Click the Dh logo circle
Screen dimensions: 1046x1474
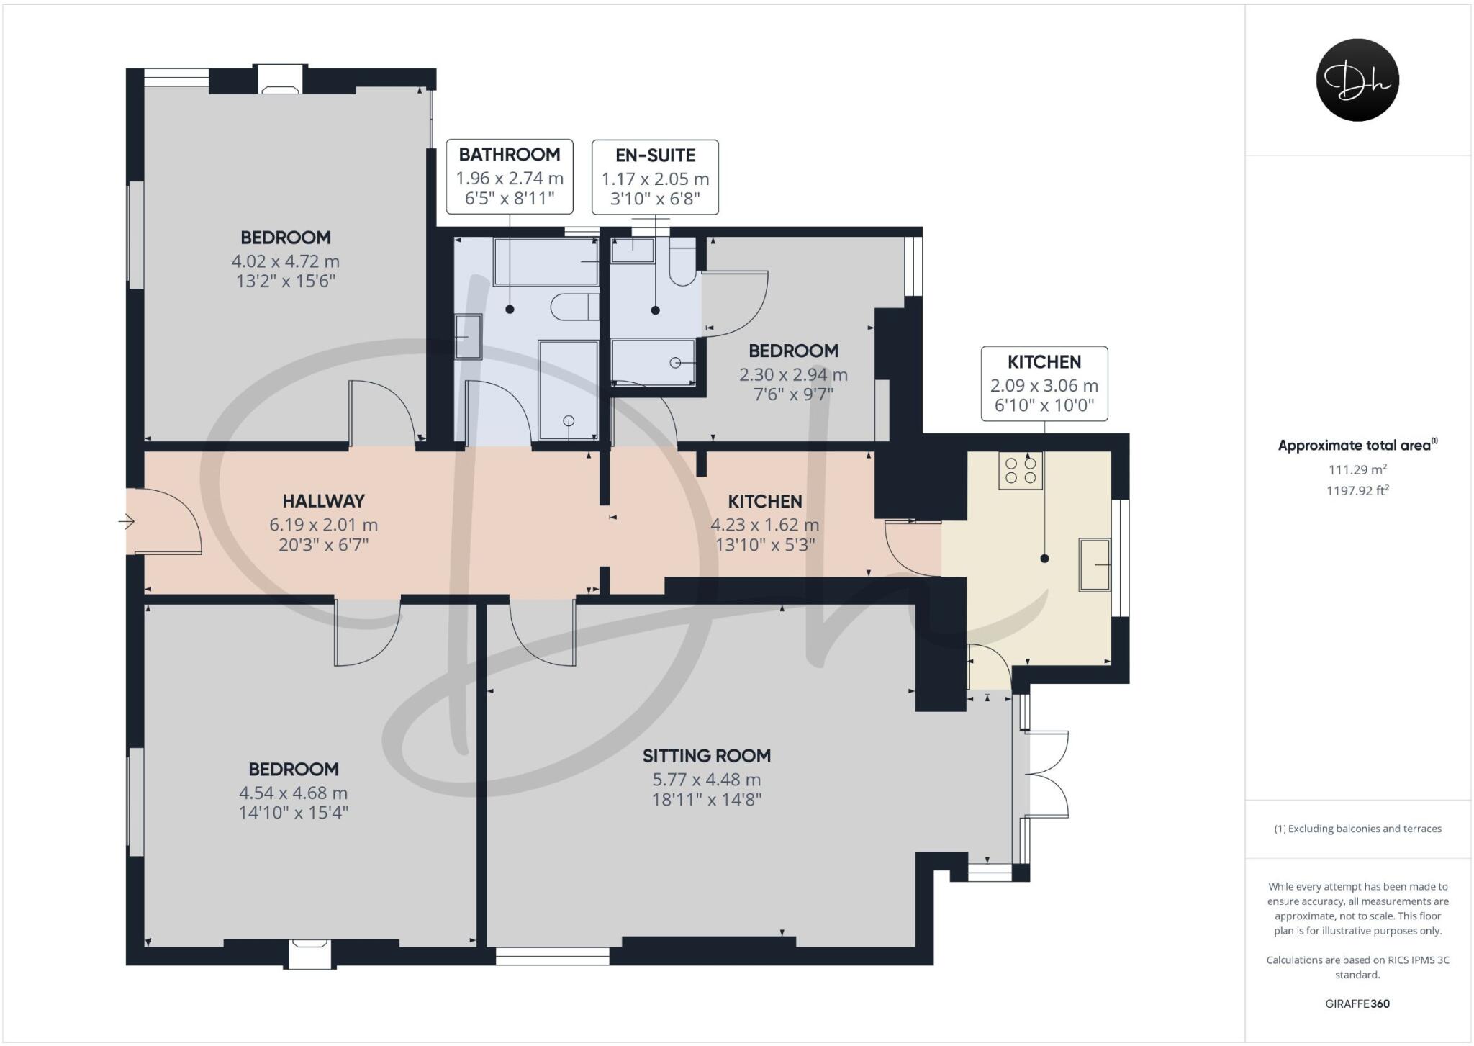tap(1357, 80)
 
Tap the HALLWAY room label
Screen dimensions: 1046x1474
tap(323, 501)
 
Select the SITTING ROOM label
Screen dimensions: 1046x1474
tap(706, 756)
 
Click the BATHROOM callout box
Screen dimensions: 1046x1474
tap(510, 176)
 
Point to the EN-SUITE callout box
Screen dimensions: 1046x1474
tap(655, 177)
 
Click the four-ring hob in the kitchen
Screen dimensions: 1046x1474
tap(1021, 471)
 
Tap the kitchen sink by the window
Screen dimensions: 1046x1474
tap(1095, 565)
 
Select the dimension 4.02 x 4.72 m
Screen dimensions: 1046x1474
tap(285, 261)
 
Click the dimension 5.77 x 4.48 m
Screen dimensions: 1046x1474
tap(706, 780)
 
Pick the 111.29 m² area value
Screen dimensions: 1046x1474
tap(1357, 469)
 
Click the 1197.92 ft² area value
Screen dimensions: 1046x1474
tap(1357, 491)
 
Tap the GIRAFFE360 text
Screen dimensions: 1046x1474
tap(1357, 1004)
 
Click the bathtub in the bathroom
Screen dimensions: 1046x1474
tap(546, 262)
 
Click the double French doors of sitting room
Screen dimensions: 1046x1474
tap(1047, 775)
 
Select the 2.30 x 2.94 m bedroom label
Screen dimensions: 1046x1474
tap(793, 374)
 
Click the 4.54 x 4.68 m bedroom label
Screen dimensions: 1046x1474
tap(293, 793)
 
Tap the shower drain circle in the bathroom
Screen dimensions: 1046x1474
tap(569, 421)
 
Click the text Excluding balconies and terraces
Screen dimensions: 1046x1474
tap(1357, 829)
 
